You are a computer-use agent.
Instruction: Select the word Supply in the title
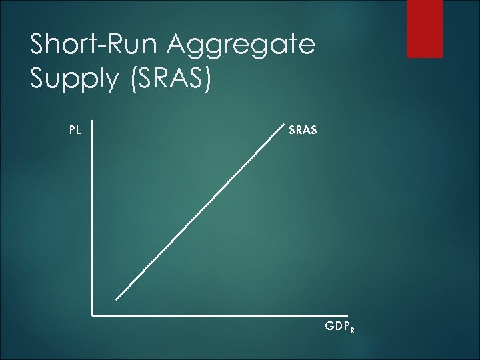(69, 80)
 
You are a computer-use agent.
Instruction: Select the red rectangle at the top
(424, 28)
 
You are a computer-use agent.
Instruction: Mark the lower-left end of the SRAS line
(116, 299)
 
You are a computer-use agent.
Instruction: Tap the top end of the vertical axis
(92, 122)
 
